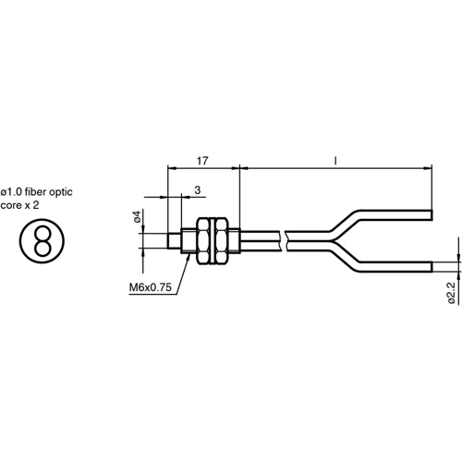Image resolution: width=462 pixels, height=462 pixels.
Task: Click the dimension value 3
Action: [x=197, y=189]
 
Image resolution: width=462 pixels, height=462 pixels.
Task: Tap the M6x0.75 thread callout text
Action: [x=150, y=287]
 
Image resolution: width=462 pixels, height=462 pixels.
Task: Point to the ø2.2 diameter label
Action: [x=450, y=292]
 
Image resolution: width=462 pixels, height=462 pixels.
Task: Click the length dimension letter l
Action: [x=334, y=160]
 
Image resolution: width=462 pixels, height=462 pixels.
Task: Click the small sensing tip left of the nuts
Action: [x=175, y=239]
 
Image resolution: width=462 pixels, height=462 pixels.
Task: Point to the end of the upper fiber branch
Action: [x=431, y=212]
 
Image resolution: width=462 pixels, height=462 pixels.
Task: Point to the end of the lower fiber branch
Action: [x=431, y=267]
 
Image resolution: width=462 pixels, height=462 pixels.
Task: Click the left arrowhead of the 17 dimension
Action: [x=171, y=168]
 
